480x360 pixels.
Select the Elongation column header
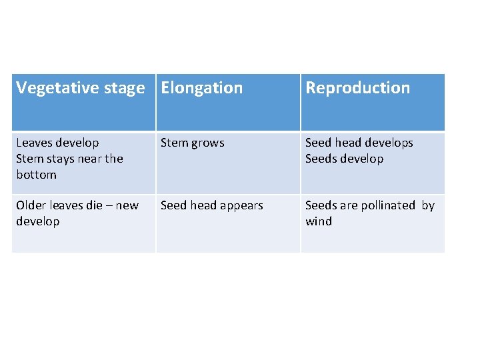(202, 88)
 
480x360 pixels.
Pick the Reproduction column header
(357, 88)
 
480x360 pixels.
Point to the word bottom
(36, 175)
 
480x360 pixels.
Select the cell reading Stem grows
(193, 143)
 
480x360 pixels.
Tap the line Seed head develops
(359, 143)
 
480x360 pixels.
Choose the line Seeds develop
(344, 159)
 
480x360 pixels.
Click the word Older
(31, 205)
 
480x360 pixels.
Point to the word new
(127, 205)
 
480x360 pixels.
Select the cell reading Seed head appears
(212, 205)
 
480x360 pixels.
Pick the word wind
(319, 221)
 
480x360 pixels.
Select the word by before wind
(428, 205)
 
